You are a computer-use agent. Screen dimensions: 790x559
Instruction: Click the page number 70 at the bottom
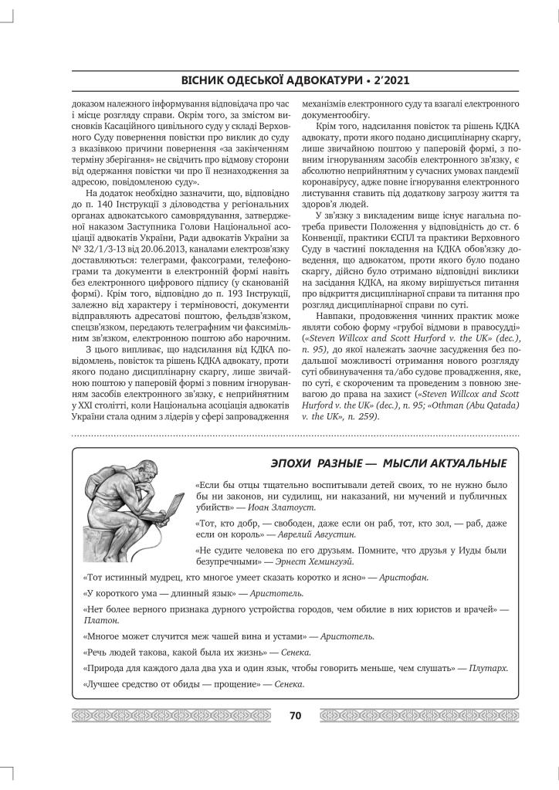point(295,715)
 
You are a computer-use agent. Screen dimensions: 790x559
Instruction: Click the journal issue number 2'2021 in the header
point(387,80)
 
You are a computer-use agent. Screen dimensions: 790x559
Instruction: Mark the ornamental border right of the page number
point(417,715)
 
